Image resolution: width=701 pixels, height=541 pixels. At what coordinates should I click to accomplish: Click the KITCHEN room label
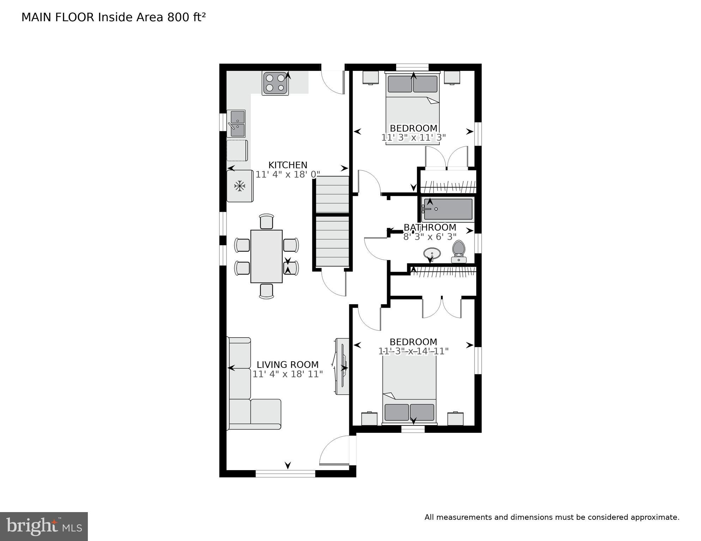tap(288, 165)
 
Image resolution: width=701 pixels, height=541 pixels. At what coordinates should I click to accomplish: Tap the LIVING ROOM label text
tap(288, 365)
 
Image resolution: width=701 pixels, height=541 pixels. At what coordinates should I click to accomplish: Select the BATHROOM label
tap(430, 227)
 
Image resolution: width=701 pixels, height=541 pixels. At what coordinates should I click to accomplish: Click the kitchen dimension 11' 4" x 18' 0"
tap(288, 174)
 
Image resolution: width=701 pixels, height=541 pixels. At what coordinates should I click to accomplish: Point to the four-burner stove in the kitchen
tap(275, 83)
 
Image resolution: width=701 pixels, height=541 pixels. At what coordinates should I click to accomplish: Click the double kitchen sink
tap(236, 123)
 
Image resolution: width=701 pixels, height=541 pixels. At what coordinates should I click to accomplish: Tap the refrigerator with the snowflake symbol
tap(240, 186)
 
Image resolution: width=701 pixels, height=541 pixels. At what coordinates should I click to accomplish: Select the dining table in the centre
tap(266, 256)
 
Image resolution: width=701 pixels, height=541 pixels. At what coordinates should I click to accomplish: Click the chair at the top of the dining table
tap(266, 222)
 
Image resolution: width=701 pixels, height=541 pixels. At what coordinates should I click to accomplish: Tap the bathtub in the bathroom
tap(448, 209)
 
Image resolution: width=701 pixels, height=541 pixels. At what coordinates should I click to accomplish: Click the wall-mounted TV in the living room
tap(342, 367)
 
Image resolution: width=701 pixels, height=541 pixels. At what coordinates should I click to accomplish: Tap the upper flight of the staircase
tap(332, 195)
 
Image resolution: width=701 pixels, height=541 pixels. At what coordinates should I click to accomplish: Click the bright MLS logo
tap(44, 527)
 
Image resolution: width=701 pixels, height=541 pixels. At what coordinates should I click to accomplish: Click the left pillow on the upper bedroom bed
tap(400, 84)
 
